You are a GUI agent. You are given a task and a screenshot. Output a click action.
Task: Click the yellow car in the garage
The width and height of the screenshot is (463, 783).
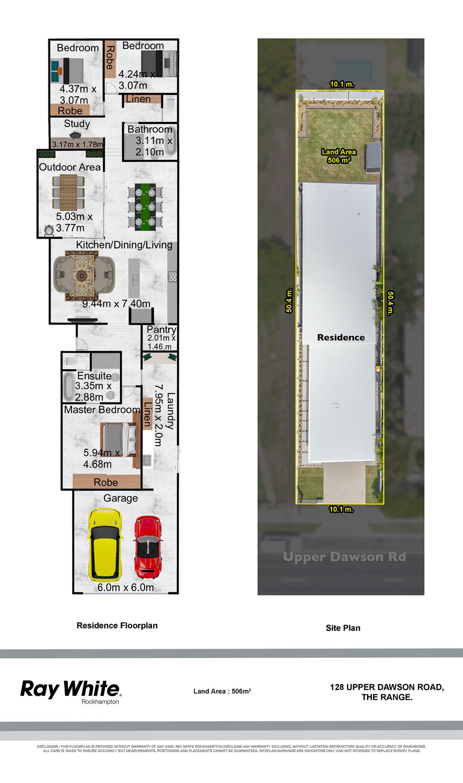105,545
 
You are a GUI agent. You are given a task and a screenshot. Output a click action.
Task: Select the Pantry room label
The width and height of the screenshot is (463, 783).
161,330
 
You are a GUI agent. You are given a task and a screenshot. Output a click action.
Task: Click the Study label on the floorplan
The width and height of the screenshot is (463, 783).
77,124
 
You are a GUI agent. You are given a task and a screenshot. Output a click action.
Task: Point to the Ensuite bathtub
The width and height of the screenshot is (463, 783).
69,387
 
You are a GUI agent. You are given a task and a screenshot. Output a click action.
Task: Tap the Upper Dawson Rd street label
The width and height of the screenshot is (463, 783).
344,557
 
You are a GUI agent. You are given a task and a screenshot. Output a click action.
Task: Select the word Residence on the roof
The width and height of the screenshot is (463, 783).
341,337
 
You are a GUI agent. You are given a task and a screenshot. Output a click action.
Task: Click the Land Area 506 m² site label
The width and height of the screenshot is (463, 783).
339,156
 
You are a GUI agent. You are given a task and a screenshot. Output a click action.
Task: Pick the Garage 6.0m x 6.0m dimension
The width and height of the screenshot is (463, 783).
126,587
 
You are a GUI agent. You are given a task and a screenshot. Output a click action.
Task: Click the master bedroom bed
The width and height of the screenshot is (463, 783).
119,440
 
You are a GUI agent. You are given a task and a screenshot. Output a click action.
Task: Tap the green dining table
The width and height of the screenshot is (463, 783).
145,207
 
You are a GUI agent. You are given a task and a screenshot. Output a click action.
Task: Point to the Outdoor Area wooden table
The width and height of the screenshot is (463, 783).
68,192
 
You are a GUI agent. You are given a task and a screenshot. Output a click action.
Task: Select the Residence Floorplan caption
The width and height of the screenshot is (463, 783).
117,626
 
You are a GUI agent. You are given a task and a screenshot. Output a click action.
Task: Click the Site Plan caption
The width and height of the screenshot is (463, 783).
343,628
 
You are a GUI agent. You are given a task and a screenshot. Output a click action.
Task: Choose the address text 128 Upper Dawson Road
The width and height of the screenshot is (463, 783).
387,687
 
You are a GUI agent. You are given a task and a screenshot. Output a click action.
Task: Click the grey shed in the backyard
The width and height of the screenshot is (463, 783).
374,157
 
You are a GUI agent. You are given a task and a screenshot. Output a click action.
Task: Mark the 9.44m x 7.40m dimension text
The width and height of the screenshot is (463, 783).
116,304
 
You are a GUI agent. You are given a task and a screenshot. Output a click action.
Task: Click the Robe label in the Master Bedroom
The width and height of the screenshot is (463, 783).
106,482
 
